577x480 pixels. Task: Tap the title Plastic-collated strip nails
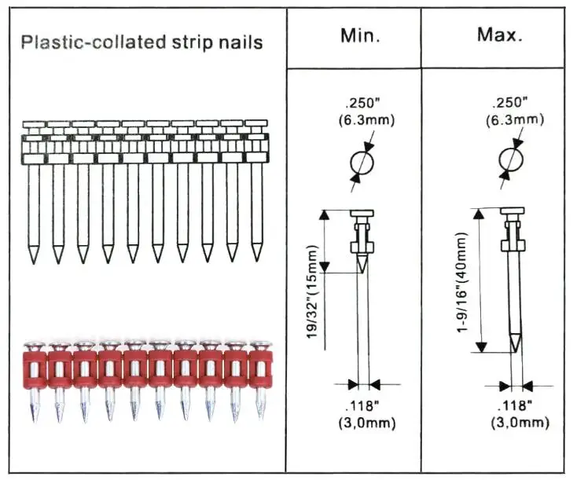141,42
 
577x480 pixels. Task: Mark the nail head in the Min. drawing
362,214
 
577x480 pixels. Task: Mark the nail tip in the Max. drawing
514,344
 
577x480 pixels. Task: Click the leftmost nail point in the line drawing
33,256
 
